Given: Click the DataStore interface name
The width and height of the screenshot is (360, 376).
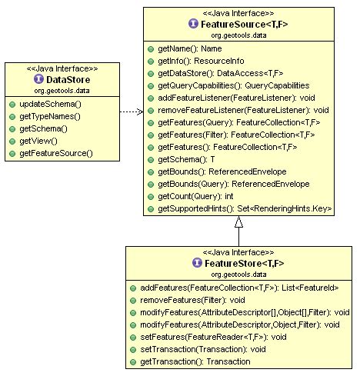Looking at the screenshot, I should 68,79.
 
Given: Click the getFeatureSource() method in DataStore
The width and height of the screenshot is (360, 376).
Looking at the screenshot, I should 56,154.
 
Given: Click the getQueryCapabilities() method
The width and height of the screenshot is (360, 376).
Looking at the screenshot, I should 233,85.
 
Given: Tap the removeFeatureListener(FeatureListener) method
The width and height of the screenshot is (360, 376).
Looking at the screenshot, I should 243,110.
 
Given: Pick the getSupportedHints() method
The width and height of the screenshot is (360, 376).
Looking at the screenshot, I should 244,208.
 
